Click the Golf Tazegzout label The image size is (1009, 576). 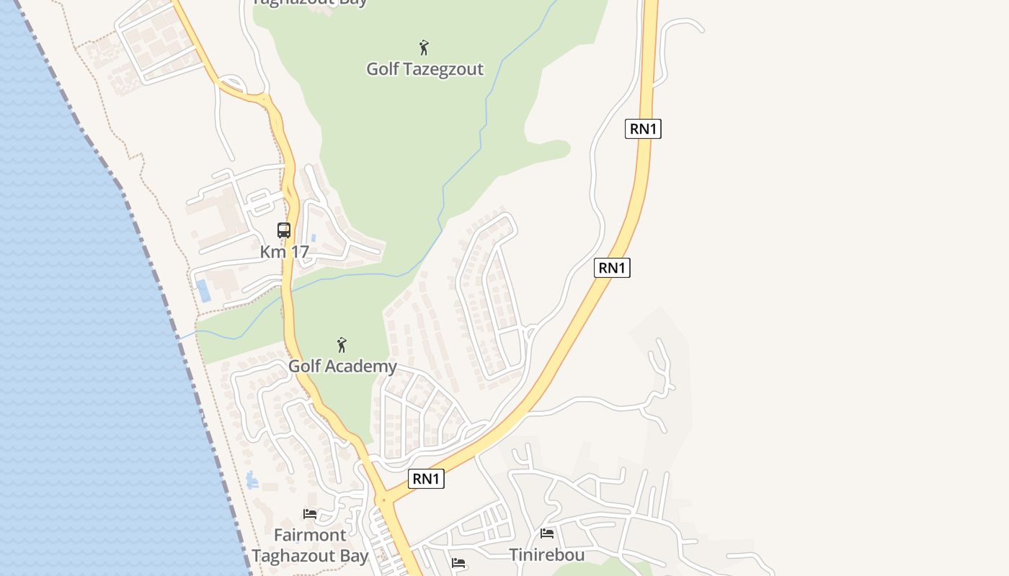[425, 69]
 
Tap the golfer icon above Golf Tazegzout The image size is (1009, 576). [424, 48]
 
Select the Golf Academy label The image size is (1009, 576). [342, 366]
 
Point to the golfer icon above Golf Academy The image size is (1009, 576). [342, 345]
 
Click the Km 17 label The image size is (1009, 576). [284, 252]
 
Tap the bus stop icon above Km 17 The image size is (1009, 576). [284, 230]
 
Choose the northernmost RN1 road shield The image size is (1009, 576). [643, 129]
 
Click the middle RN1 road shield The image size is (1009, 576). [612, 268]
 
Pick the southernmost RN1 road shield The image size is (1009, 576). [426, 479]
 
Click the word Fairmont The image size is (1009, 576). [310, 535]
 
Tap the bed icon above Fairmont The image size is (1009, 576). [310, 514]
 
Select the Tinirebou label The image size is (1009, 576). [546, 554]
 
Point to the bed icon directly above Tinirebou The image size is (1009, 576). [547, 534]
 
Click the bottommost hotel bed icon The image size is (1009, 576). [458, 563]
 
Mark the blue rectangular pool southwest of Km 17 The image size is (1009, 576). [203, 291]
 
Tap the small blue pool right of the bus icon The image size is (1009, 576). [314, 238]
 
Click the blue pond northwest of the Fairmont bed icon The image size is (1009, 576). [252, 480]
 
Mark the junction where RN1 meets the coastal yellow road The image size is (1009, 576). [385, 500]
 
